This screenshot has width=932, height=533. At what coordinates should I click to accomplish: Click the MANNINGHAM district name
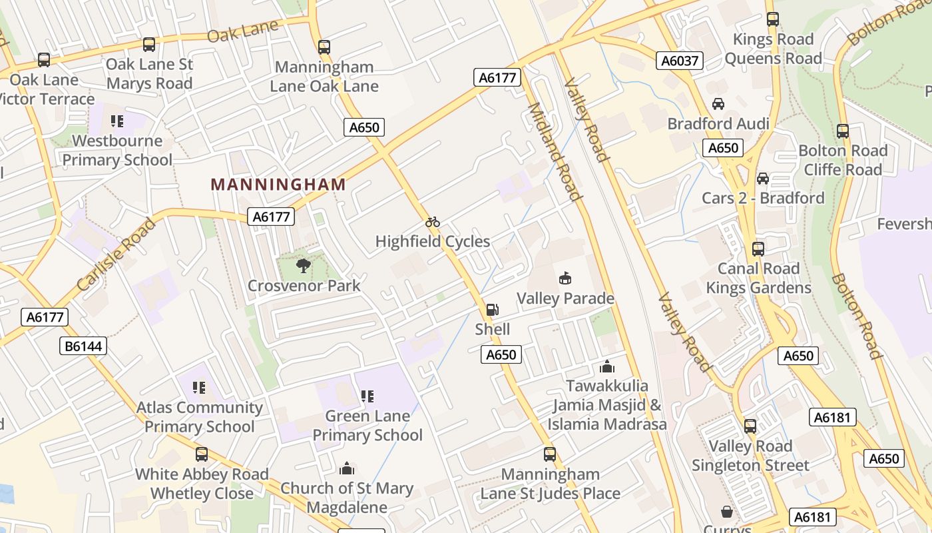(278, 185)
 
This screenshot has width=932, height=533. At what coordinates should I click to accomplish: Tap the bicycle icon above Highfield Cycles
(433, 222)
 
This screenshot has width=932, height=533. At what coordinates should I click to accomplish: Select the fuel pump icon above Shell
(492, 310)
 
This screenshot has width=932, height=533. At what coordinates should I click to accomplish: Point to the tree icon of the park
(303, 266)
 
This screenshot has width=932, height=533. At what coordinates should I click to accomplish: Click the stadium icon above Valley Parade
(565, 278)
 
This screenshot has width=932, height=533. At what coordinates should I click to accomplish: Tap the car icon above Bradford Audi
(718, 104)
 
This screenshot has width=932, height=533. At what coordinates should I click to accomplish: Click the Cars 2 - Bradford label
(763, 198)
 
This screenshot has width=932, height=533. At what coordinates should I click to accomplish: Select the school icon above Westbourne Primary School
(117, 121)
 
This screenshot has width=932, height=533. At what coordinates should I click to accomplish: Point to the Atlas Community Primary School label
(200, 417)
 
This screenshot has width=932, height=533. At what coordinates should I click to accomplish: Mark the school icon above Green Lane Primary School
(367, 396)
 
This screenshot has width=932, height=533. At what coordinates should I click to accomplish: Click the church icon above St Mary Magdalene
(346, 468)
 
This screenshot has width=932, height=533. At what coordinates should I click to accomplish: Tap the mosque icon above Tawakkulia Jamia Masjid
(606, 366)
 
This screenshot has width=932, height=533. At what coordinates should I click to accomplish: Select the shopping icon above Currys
(726, 512)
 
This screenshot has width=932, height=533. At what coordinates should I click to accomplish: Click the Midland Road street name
(554, 151)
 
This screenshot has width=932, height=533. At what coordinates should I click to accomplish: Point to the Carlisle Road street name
(116, 255)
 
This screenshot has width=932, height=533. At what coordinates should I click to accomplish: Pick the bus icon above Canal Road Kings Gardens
(758, 249)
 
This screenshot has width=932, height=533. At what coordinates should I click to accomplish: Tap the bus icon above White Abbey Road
(202, 454)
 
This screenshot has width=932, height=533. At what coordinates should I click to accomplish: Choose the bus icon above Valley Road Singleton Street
(750, 426)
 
